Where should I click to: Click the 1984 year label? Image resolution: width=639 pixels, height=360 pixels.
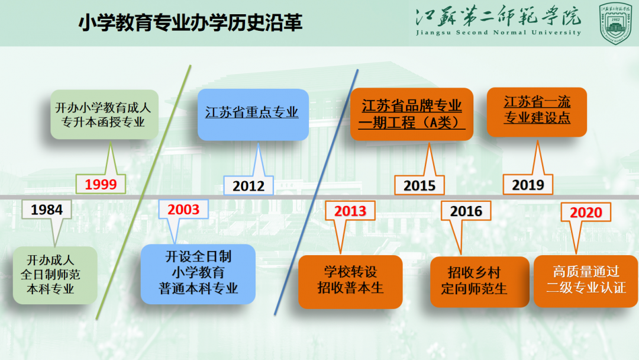[x=47, y=210]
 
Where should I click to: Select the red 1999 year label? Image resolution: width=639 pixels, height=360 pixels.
[x=101, y=184]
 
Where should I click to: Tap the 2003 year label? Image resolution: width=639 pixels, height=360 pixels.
[x=183, y=210]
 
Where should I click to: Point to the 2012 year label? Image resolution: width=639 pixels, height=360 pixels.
[x=248, y=186]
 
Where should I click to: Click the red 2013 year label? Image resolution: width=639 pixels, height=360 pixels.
[x=350, y=211]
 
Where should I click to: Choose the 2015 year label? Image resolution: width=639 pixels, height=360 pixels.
[x=419, y=185]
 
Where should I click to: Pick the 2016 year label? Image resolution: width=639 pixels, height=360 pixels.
[x=466, y=211]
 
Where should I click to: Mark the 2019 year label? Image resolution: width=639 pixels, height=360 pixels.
[x=528, y=185]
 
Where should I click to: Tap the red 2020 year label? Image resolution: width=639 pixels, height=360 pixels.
[x=586, y=212]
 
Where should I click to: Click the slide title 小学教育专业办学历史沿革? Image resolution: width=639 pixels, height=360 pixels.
[x=191, y=22]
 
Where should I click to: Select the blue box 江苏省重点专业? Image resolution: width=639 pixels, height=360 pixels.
[x=253, y=115]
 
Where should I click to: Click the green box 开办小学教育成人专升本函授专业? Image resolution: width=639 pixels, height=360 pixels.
[x=104, y=114]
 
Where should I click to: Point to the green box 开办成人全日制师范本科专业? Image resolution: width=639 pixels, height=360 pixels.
[x=55, y=275]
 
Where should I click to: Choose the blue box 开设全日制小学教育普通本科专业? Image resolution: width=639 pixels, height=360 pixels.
[x=198, y=274]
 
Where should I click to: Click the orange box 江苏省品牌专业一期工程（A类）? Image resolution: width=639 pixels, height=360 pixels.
[x=412, y=114]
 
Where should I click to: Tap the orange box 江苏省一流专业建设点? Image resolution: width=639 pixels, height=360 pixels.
[x=537, y=112]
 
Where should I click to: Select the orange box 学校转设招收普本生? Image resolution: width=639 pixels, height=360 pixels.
[x=350, y=282]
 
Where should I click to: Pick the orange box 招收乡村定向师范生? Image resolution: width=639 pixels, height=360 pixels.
[x=480, y=282]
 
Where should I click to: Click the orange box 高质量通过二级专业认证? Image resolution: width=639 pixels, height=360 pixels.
[x=586, y=281]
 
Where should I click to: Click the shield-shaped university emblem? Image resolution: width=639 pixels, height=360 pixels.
[x=615, y=23]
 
